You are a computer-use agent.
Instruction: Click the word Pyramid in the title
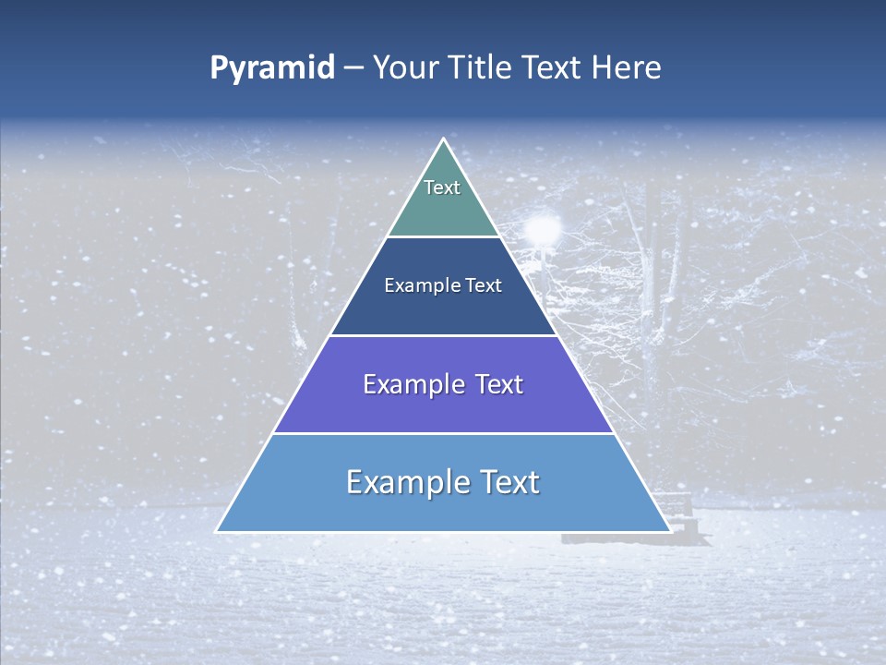point(272,68)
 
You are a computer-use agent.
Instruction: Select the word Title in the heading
point(482,68)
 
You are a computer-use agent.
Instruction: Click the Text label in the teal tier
point(442,187)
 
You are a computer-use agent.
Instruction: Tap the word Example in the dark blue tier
point(419,286)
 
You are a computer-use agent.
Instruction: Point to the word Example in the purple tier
point(404,385)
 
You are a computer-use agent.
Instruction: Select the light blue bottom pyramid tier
point(443,508)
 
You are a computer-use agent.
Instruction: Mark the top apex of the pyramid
point(444,140)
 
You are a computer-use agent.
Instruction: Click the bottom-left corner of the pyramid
point(218,530)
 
